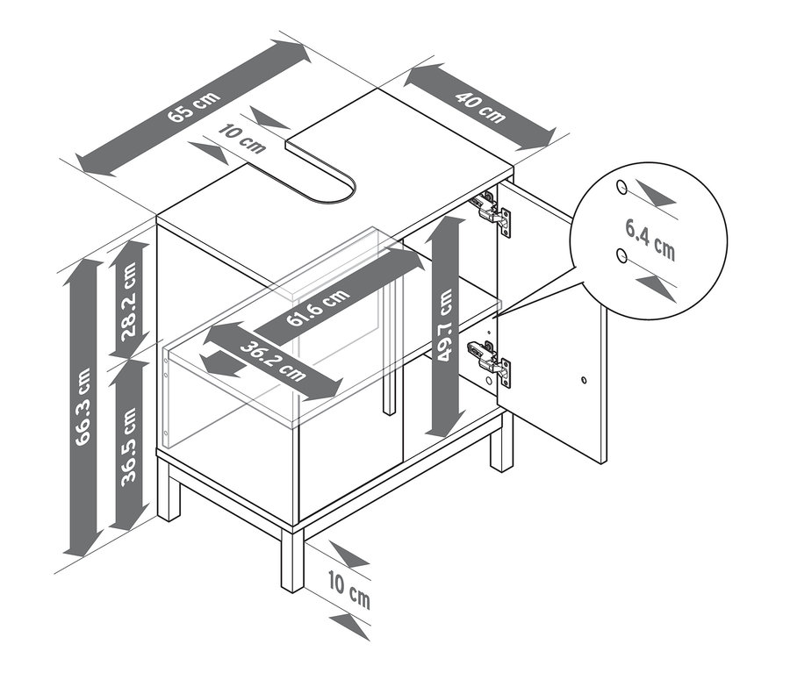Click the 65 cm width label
coord(194,107)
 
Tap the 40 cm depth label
coord(480,106)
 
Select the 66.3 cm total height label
coord(83,407)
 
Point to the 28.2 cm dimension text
coord(129,301)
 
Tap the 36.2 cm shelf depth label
coord(273,362)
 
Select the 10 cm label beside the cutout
coord(242,139)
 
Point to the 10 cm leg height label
coord(349,589)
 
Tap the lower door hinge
coord(490,362)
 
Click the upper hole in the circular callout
coord(622,188)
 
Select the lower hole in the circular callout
coord(622,256)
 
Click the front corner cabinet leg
coord(292,559)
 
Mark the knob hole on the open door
coord(584,380)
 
